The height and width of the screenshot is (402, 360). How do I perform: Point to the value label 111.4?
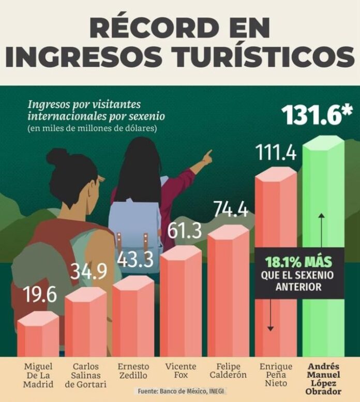276,153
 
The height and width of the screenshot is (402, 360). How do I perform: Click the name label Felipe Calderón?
229,370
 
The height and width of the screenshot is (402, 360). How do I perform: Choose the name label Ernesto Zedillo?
133,370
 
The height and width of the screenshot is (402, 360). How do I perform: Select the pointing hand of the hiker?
207,157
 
